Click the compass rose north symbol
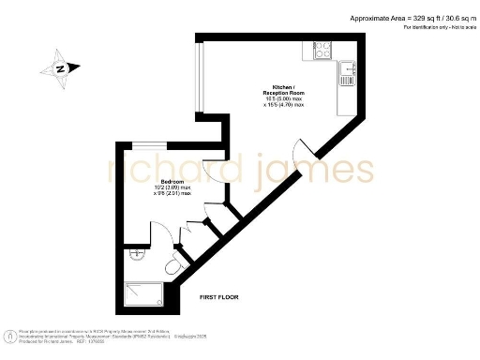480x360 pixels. point(60,68)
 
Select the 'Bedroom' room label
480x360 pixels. point(172,181)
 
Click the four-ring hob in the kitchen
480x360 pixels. point(321,50)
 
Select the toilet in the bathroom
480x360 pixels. point(172,267)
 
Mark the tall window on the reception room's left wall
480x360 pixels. point(199,76)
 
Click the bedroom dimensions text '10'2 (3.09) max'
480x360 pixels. point(172,188)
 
